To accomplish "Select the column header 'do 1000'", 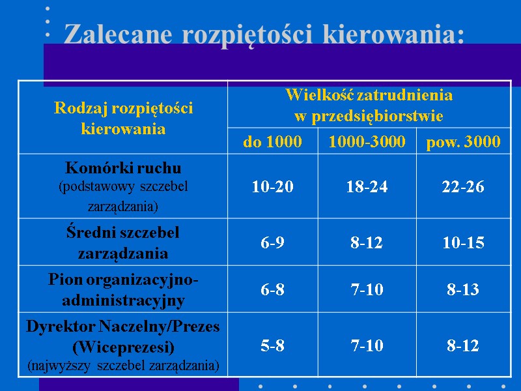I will pos(272,141).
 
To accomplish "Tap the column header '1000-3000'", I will pos(367,141).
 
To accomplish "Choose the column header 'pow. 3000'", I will pos(463,141).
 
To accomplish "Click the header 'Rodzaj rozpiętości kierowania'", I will pos(123,118).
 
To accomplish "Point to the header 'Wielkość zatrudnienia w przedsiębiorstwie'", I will pos(369,106).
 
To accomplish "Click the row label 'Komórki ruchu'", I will pos(123,167).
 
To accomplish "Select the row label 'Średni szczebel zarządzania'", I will pos(123,242).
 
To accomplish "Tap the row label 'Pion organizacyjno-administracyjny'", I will pos(123,290).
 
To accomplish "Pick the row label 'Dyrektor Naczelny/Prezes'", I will pos(123,326).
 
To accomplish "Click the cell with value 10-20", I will pos(272,187).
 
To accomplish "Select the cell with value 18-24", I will pos(367,187).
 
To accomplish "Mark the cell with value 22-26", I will pos(463,187).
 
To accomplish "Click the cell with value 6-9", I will pos(272,243).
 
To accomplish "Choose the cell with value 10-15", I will pos(463,243).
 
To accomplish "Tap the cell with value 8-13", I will pos(463,290).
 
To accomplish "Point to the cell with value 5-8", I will pos(272,346).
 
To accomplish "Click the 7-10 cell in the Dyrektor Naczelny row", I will pos(367,346).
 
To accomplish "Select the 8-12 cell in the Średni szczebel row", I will pos(367,243).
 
